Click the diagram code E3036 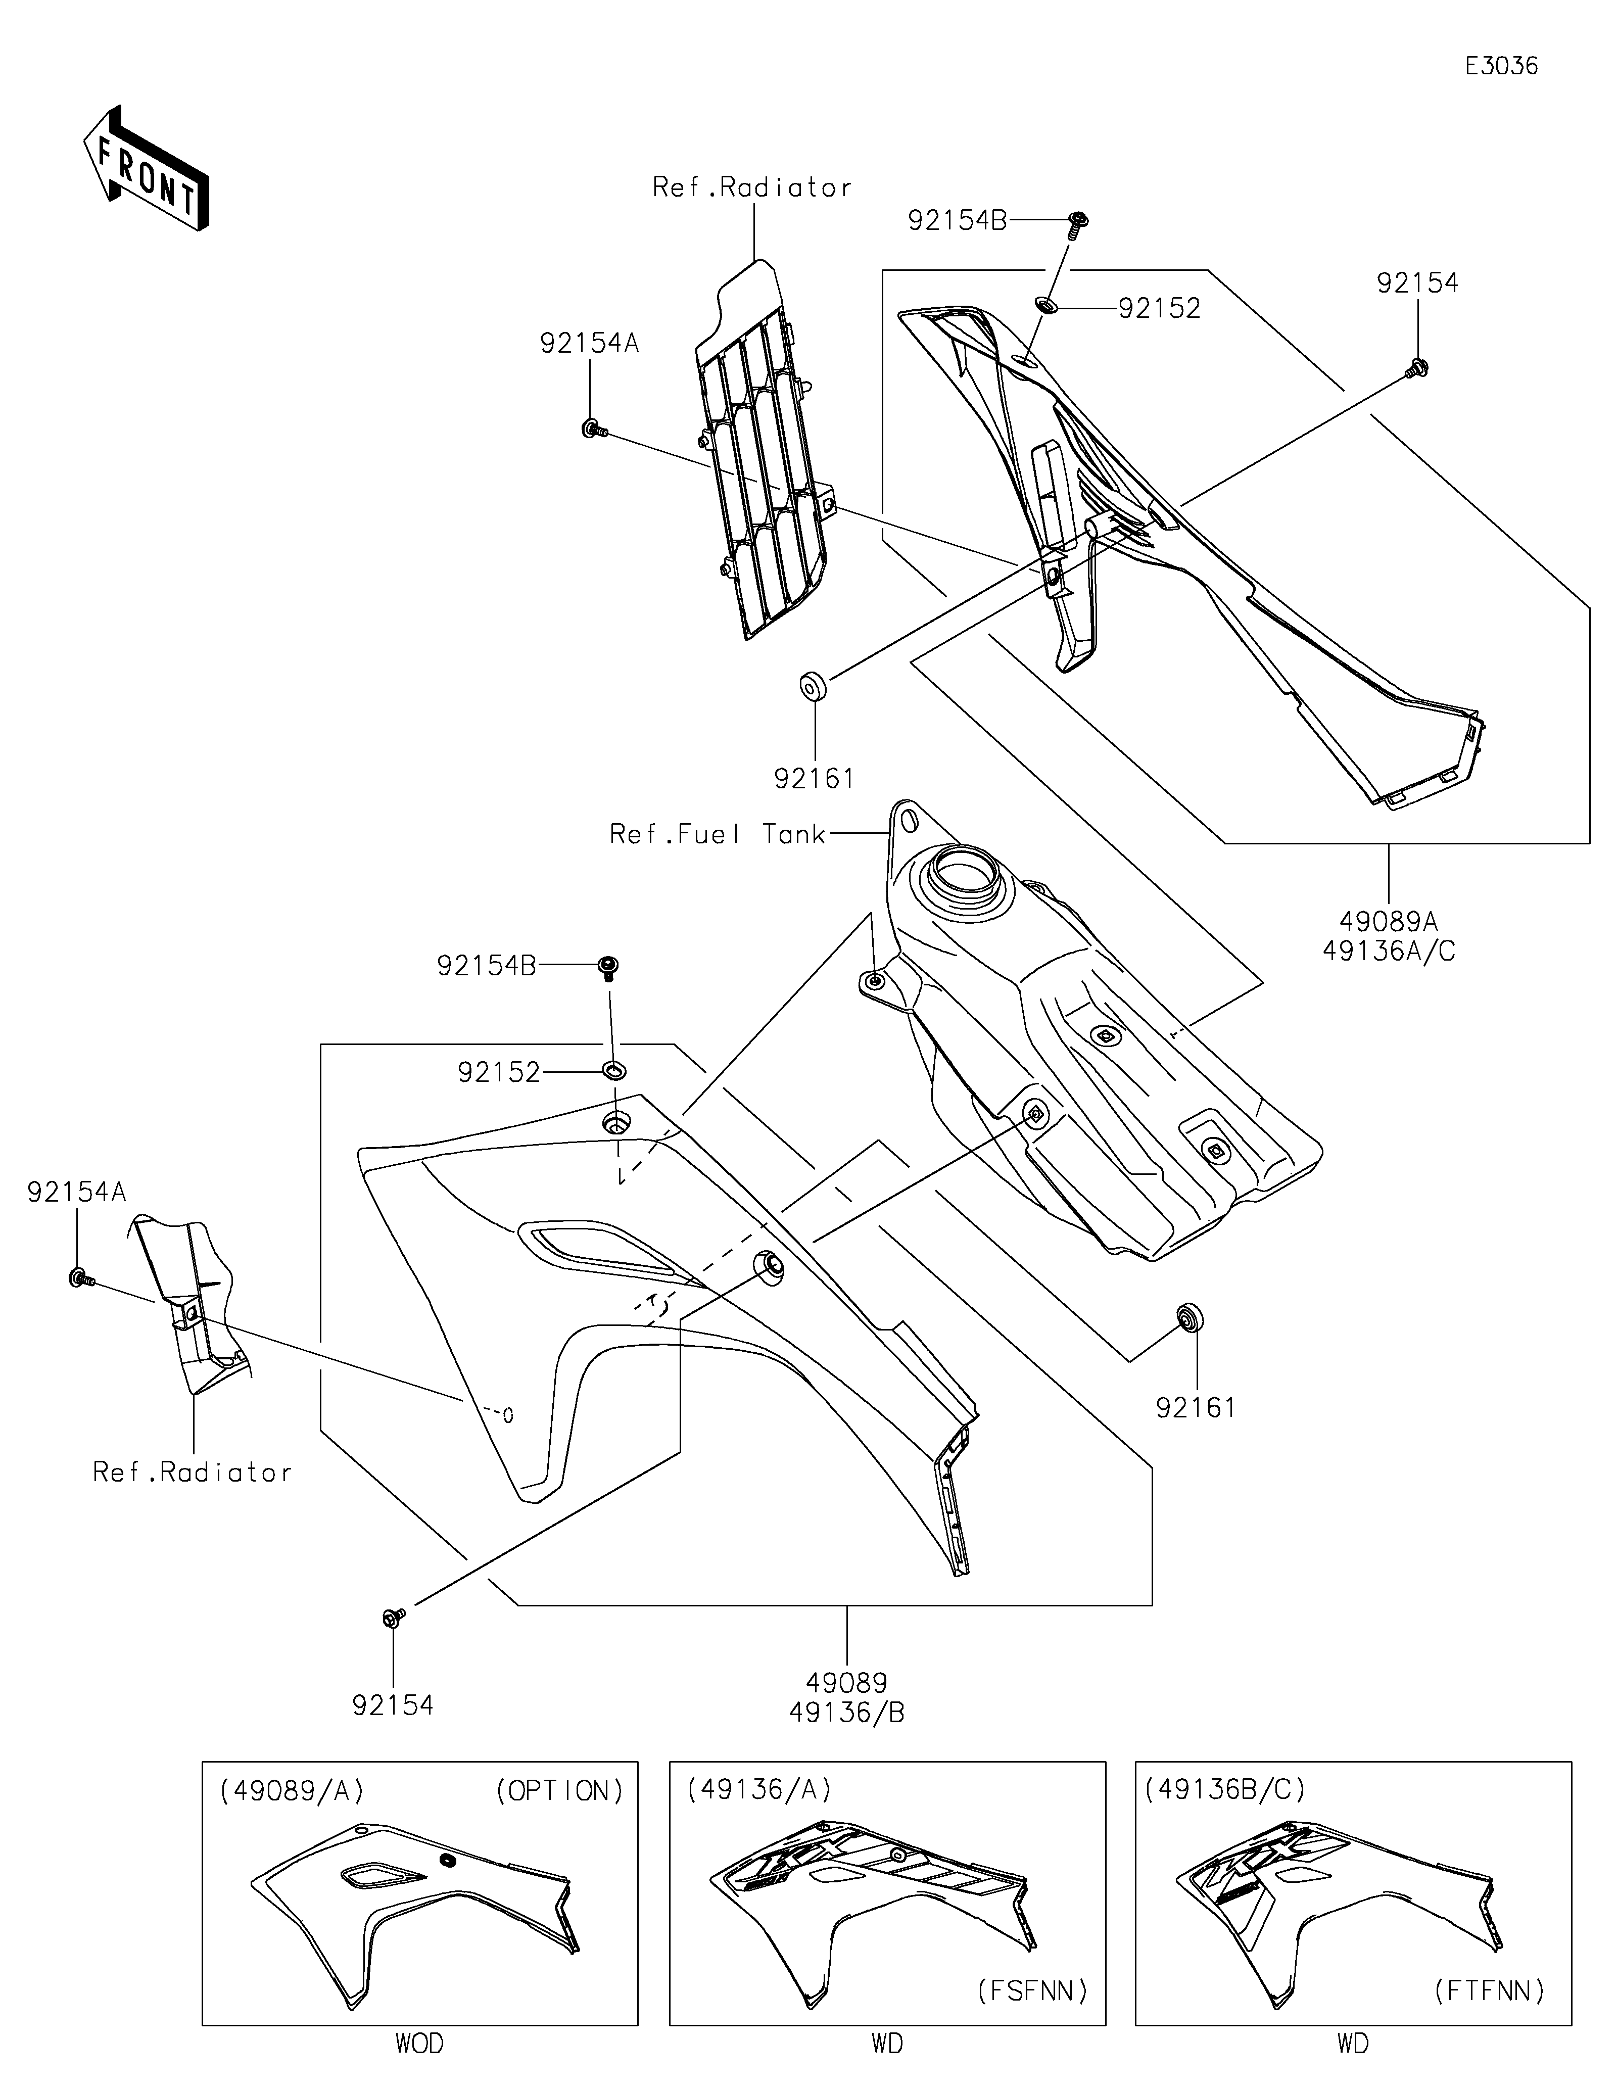pos(1501,66)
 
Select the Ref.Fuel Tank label pos(717,835)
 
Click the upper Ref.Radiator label pos(751,187)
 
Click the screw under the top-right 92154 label pos(1417,367)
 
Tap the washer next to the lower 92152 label pos(613,1068)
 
